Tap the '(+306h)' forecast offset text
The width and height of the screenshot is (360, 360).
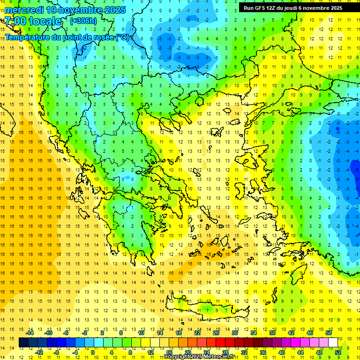pyautogui.click(x=83, y=21)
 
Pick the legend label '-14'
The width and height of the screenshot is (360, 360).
pyautogui.click(x=30, y=333)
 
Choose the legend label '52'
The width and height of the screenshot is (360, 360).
pyautogui.click(x=338, y=352)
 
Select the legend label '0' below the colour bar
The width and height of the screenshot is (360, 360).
pyautogui.click(x=93, y=352)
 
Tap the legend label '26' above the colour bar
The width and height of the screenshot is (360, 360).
pyautogui.click(x=216, y=333)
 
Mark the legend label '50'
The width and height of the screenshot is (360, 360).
pyautogui.click(x=329, y=333)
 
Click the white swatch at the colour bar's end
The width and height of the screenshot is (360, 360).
pyautogui.click(x=333, y=343)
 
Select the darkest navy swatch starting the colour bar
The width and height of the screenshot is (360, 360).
pyautogui.click(x=23, y=343)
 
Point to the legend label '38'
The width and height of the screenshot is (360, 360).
pyautogui.click(x=272, y=333)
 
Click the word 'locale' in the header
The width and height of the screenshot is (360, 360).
pyautogui.click(x=45, y=22)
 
